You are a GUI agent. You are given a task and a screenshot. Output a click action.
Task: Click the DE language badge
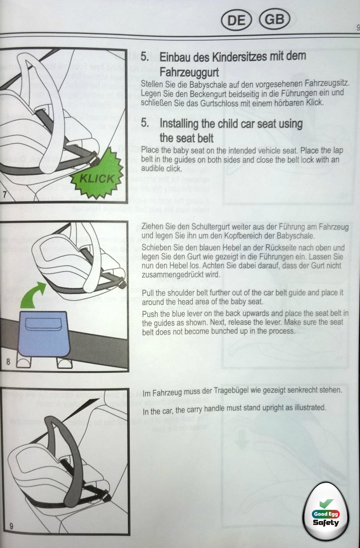(237, 20)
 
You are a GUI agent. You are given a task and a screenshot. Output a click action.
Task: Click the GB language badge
(274, 20)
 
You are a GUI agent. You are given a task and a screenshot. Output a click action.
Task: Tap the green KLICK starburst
(97, 177)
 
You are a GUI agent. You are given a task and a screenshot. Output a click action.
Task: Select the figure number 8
(8, 362)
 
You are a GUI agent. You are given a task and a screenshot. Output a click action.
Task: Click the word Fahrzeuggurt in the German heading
(189, 72)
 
